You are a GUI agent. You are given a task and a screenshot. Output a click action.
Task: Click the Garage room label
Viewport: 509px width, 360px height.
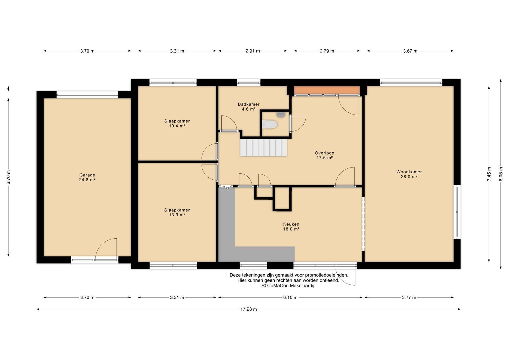point(87,175)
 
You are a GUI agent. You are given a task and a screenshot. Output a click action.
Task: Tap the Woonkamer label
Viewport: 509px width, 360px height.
point(409,172)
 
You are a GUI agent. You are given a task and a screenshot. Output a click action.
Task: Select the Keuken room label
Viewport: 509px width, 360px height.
point(291,224)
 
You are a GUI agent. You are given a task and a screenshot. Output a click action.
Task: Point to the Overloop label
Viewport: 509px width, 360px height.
point(324,153)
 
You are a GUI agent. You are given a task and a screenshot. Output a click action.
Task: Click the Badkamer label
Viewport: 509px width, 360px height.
point(249,104)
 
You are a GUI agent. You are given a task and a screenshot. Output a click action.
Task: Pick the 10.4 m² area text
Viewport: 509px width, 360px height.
point(177,126)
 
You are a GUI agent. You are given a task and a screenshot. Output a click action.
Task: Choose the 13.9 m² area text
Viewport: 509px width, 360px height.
point(177,215)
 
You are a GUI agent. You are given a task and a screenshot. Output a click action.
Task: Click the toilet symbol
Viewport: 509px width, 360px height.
point(269,124)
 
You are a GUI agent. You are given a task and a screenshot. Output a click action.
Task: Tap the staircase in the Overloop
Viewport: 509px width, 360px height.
point(264,147)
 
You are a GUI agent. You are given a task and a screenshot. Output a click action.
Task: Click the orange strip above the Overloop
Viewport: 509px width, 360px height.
point(327,90)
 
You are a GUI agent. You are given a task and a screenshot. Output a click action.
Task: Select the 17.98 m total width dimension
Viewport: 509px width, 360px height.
point(248,309)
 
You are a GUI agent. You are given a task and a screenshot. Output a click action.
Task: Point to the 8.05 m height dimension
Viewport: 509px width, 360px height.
point(501,174)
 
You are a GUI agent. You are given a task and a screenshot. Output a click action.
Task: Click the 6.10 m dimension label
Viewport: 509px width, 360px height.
point(290,297)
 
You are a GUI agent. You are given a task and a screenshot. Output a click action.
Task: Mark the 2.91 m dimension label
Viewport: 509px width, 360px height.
point(253,51)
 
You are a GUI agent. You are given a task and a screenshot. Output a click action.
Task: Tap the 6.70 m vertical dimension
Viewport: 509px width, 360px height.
point(8,177)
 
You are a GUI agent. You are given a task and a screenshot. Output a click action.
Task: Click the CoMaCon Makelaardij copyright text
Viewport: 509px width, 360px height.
point(288,286)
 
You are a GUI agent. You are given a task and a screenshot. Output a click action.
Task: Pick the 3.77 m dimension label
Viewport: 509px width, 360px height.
point(409,297)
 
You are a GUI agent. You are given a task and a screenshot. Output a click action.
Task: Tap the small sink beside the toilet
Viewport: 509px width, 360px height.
point(281,115)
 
